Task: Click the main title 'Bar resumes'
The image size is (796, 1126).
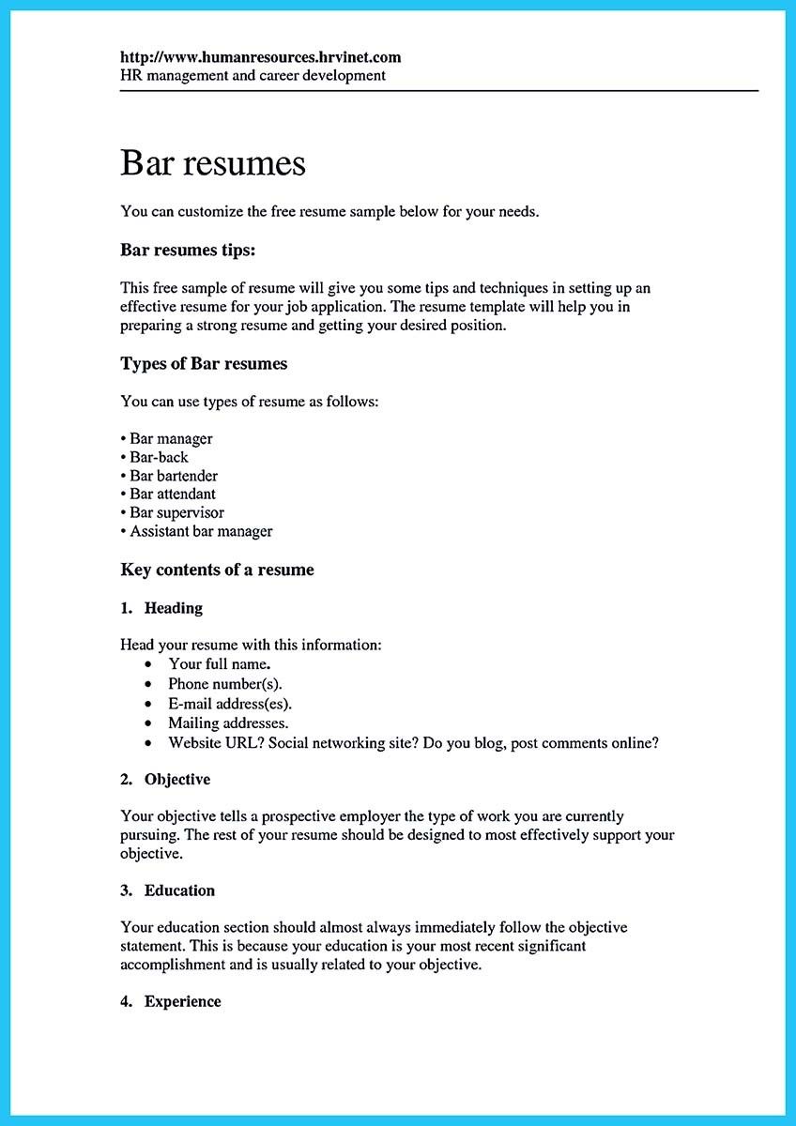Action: pos(213,163)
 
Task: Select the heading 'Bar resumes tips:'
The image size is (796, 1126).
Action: pos(188,251)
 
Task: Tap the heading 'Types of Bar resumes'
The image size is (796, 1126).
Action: pos(204,363)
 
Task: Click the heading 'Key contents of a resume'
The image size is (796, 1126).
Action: pos(217,570)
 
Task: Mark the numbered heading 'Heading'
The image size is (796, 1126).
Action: pos(173,608)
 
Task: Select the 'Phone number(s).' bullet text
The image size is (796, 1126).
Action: pos(225,684)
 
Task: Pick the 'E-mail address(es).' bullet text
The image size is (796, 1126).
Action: pos(230,704)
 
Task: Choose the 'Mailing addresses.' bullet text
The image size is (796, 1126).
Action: pos(228,723)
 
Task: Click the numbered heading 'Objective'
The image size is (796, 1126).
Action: pos(176,780)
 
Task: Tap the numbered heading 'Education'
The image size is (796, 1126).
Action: pos(179,890)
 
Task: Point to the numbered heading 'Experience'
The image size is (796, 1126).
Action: pos(182,1002)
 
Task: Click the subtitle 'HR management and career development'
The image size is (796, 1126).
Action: pos(253,75)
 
